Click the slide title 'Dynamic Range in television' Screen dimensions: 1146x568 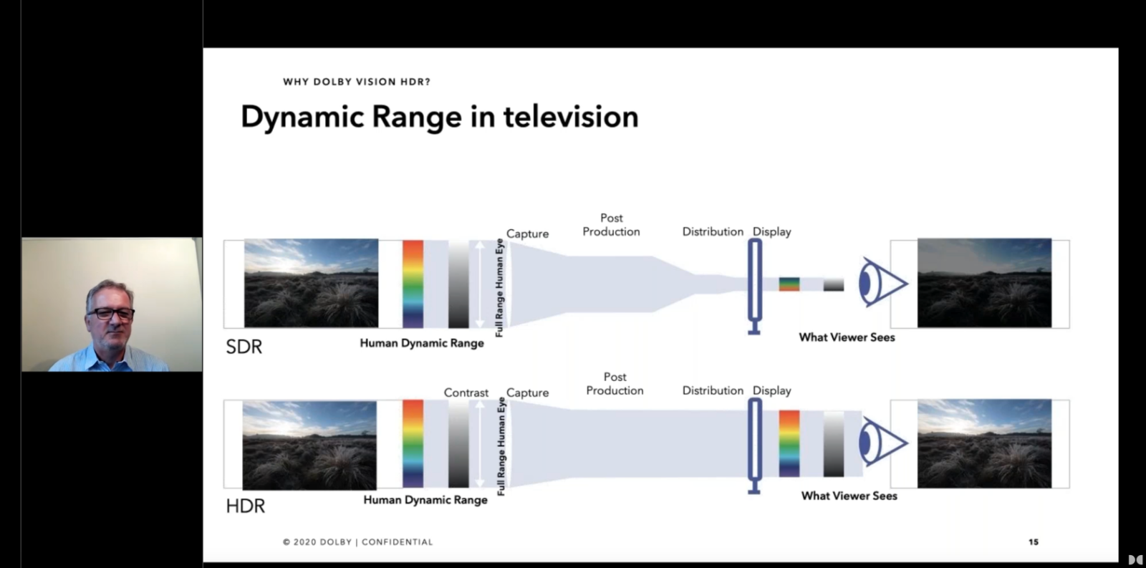(440, 117)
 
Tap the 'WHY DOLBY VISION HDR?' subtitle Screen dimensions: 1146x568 (357, 82)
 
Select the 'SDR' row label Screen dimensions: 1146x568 (244, 347)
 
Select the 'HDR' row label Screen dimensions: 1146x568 (246, 506)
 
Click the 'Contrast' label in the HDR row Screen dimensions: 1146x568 (466, 393)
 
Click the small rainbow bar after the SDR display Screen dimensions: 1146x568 (789, 284)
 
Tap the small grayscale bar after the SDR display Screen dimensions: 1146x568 (834, 284)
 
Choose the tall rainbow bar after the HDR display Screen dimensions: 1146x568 (789, 443)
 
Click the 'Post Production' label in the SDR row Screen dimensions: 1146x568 (612, 225)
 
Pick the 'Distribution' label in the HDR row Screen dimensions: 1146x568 (713, 390)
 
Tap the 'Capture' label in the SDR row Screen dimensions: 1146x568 (527, 234)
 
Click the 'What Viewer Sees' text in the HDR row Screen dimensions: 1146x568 (849, 496)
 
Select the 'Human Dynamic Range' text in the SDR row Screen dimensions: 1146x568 (422, 343)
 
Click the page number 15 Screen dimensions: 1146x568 (1034, 542)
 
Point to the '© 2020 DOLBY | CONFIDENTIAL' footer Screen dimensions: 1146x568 (357, 542)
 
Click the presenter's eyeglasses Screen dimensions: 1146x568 (110, 313)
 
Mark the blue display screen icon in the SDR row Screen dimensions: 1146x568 (755, 287)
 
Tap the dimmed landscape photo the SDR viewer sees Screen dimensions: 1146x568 (984, 283)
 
